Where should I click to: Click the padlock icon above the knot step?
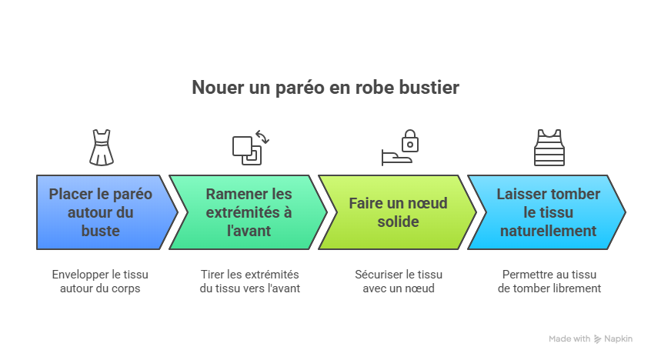pyautogui.click(x=409, y=142)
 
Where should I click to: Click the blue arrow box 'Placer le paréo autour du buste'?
pyautogui.click(x=101, y=212)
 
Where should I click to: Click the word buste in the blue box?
pyautogui.click(x=100, y=231)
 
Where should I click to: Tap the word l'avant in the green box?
pyautogui.click(x=249, y=231)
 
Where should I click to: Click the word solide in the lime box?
pyautogui.click(x=398, y=222)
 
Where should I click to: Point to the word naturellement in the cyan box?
pyautogui.click(x=548, y=231)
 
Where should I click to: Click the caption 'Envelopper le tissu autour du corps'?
pyautogui.click(x=100, y=282)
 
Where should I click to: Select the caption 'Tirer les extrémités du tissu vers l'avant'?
pyautogui.click(x=249, y=282)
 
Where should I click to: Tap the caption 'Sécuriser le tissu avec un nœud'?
pyautogui.click(x=399, y=282)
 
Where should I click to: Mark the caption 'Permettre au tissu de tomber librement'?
pyautogui.click(x=549, y=282)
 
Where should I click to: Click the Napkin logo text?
pyautogui.click(x=617, y=339)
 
